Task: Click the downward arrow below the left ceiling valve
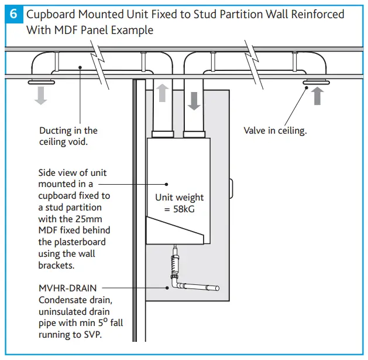pyautogui.click(x=40, y=95)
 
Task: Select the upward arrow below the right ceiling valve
pyautogui.click(x=317, y=95)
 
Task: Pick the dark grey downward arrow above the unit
pyautogui.click(x=194, y=101)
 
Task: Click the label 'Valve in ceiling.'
pyautogui.click(x=275, y=130)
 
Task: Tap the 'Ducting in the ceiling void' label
pyautogui.click(x=68, y=136)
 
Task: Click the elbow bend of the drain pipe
pyautogui.click(x=174, y=285)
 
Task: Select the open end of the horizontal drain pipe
pyautogui.click(x=216, y=288)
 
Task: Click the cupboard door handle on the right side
pyautogui.click(x=232, y=189)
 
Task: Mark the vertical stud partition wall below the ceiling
pyautogui.click(x=136, y=235)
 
